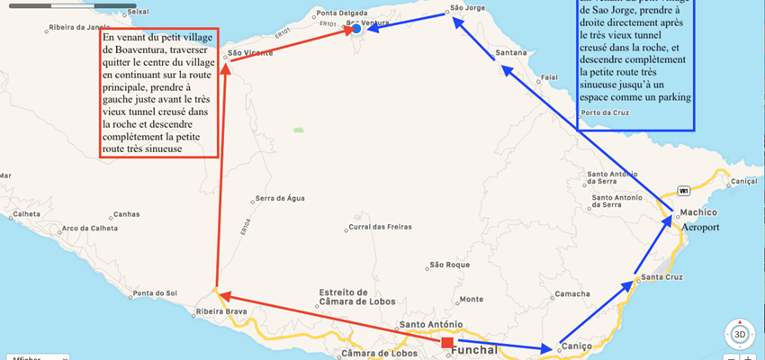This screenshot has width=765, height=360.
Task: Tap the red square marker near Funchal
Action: pyautogui.click(x=447, y=342)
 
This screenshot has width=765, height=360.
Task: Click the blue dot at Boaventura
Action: pyautogui.click(x=356, y=30)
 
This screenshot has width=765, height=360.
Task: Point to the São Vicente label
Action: pyautogui.click(x=250, y=54)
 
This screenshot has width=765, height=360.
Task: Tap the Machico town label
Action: pyautogui.click(x=699, y=212)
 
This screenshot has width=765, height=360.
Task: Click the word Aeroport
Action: pyautogui.click(x=701, y=229)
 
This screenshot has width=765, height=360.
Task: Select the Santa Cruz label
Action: pyautogui.click(x=666, y=276)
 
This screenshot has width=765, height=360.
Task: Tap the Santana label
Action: pyautogui.click(x=511, y=53)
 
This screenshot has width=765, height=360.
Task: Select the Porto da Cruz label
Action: pyautogui.click(x=606, y=113)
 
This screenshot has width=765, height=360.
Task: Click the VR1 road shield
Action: pyautogui.click(x=684, y=191)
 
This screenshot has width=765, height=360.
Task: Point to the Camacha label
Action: pyautogui.click(x=573, y=294)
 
